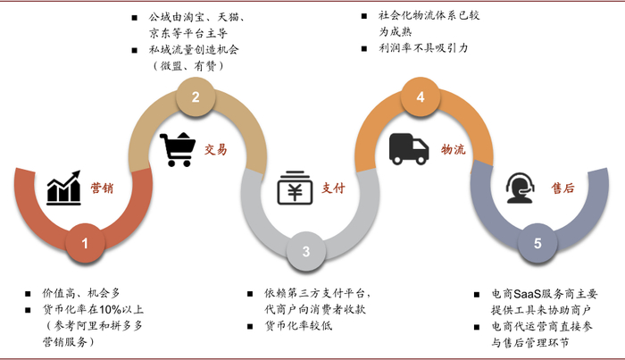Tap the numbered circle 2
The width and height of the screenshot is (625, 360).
196,97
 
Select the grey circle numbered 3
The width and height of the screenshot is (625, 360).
305,251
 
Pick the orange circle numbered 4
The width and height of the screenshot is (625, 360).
420,97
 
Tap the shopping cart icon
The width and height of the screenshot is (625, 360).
178,149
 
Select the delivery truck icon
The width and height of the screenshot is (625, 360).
409,149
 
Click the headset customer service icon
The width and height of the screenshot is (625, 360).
521,188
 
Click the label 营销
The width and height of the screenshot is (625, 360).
103,188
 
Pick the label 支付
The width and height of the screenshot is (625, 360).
333,188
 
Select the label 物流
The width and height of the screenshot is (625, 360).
454,149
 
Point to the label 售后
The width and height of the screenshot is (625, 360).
562,188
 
